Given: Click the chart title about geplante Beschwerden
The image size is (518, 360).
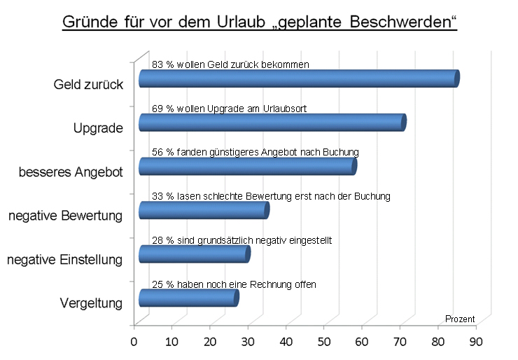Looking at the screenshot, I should tap(259, 21).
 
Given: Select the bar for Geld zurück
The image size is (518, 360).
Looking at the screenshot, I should tap(299, 78).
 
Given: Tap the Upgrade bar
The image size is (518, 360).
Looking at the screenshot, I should tap(272, 123).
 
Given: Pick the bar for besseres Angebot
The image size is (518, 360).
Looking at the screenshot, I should tap(248, 166).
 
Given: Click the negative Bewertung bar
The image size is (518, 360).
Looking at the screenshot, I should tap(204, 210).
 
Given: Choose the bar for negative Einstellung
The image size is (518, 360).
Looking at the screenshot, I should tap(195, 254).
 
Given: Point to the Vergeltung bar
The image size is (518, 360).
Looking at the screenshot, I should tap(188, 298).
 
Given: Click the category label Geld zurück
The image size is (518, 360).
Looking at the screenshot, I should tap(89, 85).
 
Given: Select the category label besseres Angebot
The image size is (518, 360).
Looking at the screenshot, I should tap(71, 172).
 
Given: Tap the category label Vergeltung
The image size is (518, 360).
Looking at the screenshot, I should tap(91, 303).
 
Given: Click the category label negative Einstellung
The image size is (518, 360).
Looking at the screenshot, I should tap(65, 260).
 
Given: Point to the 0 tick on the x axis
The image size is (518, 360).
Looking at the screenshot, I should tap(134, 342).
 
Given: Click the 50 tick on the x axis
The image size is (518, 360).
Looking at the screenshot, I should tap(323, 342).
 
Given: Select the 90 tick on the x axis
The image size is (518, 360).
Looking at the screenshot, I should tap(476, 342).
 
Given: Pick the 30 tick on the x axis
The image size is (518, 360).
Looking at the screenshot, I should tap(248, 342).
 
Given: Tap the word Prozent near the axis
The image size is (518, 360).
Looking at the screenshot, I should tap(460, 319).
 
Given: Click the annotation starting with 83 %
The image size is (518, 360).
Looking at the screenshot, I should tap(230, 64).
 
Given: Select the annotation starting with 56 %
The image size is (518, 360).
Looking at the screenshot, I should tap(255, 152).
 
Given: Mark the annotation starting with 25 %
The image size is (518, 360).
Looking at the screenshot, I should tap(234, 284).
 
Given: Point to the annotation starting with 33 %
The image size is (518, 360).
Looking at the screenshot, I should tap(270, 196).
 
